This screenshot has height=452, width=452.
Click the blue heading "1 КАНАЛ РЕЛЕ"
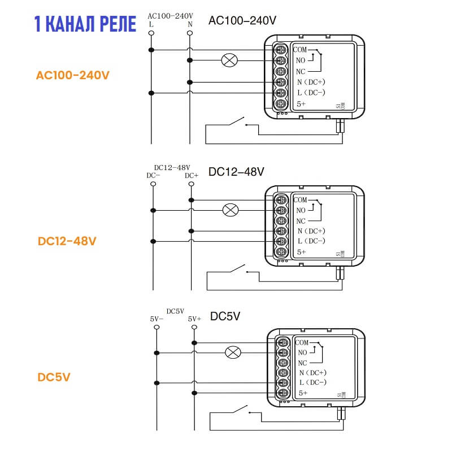[x=84, y=24]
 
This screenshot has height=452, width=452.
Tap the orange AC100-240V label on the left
[x=72, y=75]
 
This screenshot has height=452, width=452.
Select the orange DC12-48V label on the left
[x=67, y=241]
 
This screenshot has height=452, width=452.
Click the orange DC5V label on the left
[x=54, y=377]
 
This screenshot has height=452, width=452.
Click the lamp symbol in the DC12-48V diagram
[x=230, y=210]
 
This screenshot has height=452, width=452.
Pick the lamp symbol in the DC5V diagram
[x=233, y=353]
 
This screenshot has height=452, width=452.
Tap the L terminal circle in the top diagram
[x=151, y=33]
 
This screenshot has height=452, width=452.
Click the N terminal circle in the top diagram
[x=190, y=33]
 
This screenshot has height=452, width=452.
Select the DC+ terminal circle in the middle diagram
[x=192, y=184]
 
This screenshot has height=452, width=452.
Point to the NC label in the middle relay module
[x=301, y=221]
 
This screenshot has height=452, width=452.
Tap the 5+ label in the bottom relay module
[x=303, y=393]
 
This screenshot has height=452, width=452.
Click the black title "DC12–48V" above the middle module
[x=236, y=171]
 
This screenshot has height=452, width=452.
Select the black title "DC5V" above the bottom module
[x=225, y=316]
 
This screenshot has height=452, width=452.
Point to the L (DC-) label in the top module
[x=311, y=93]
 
